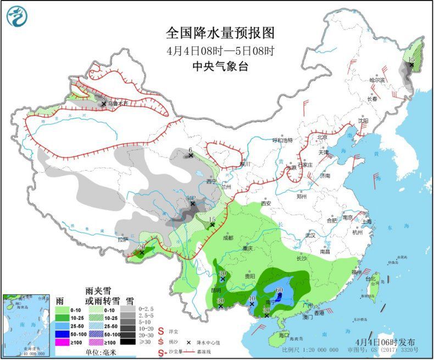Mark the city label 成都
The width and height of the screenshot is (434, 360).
[228, 238]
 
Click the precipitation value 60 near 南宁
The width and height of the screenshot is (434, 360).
[279, 290]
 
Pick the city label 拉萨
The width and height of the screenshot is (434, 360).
[122, 239]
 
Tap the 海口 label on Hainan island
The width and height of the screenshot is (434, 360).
[283, 335]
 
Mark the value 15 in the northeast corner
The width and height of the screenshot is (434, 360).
[411, 59]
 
